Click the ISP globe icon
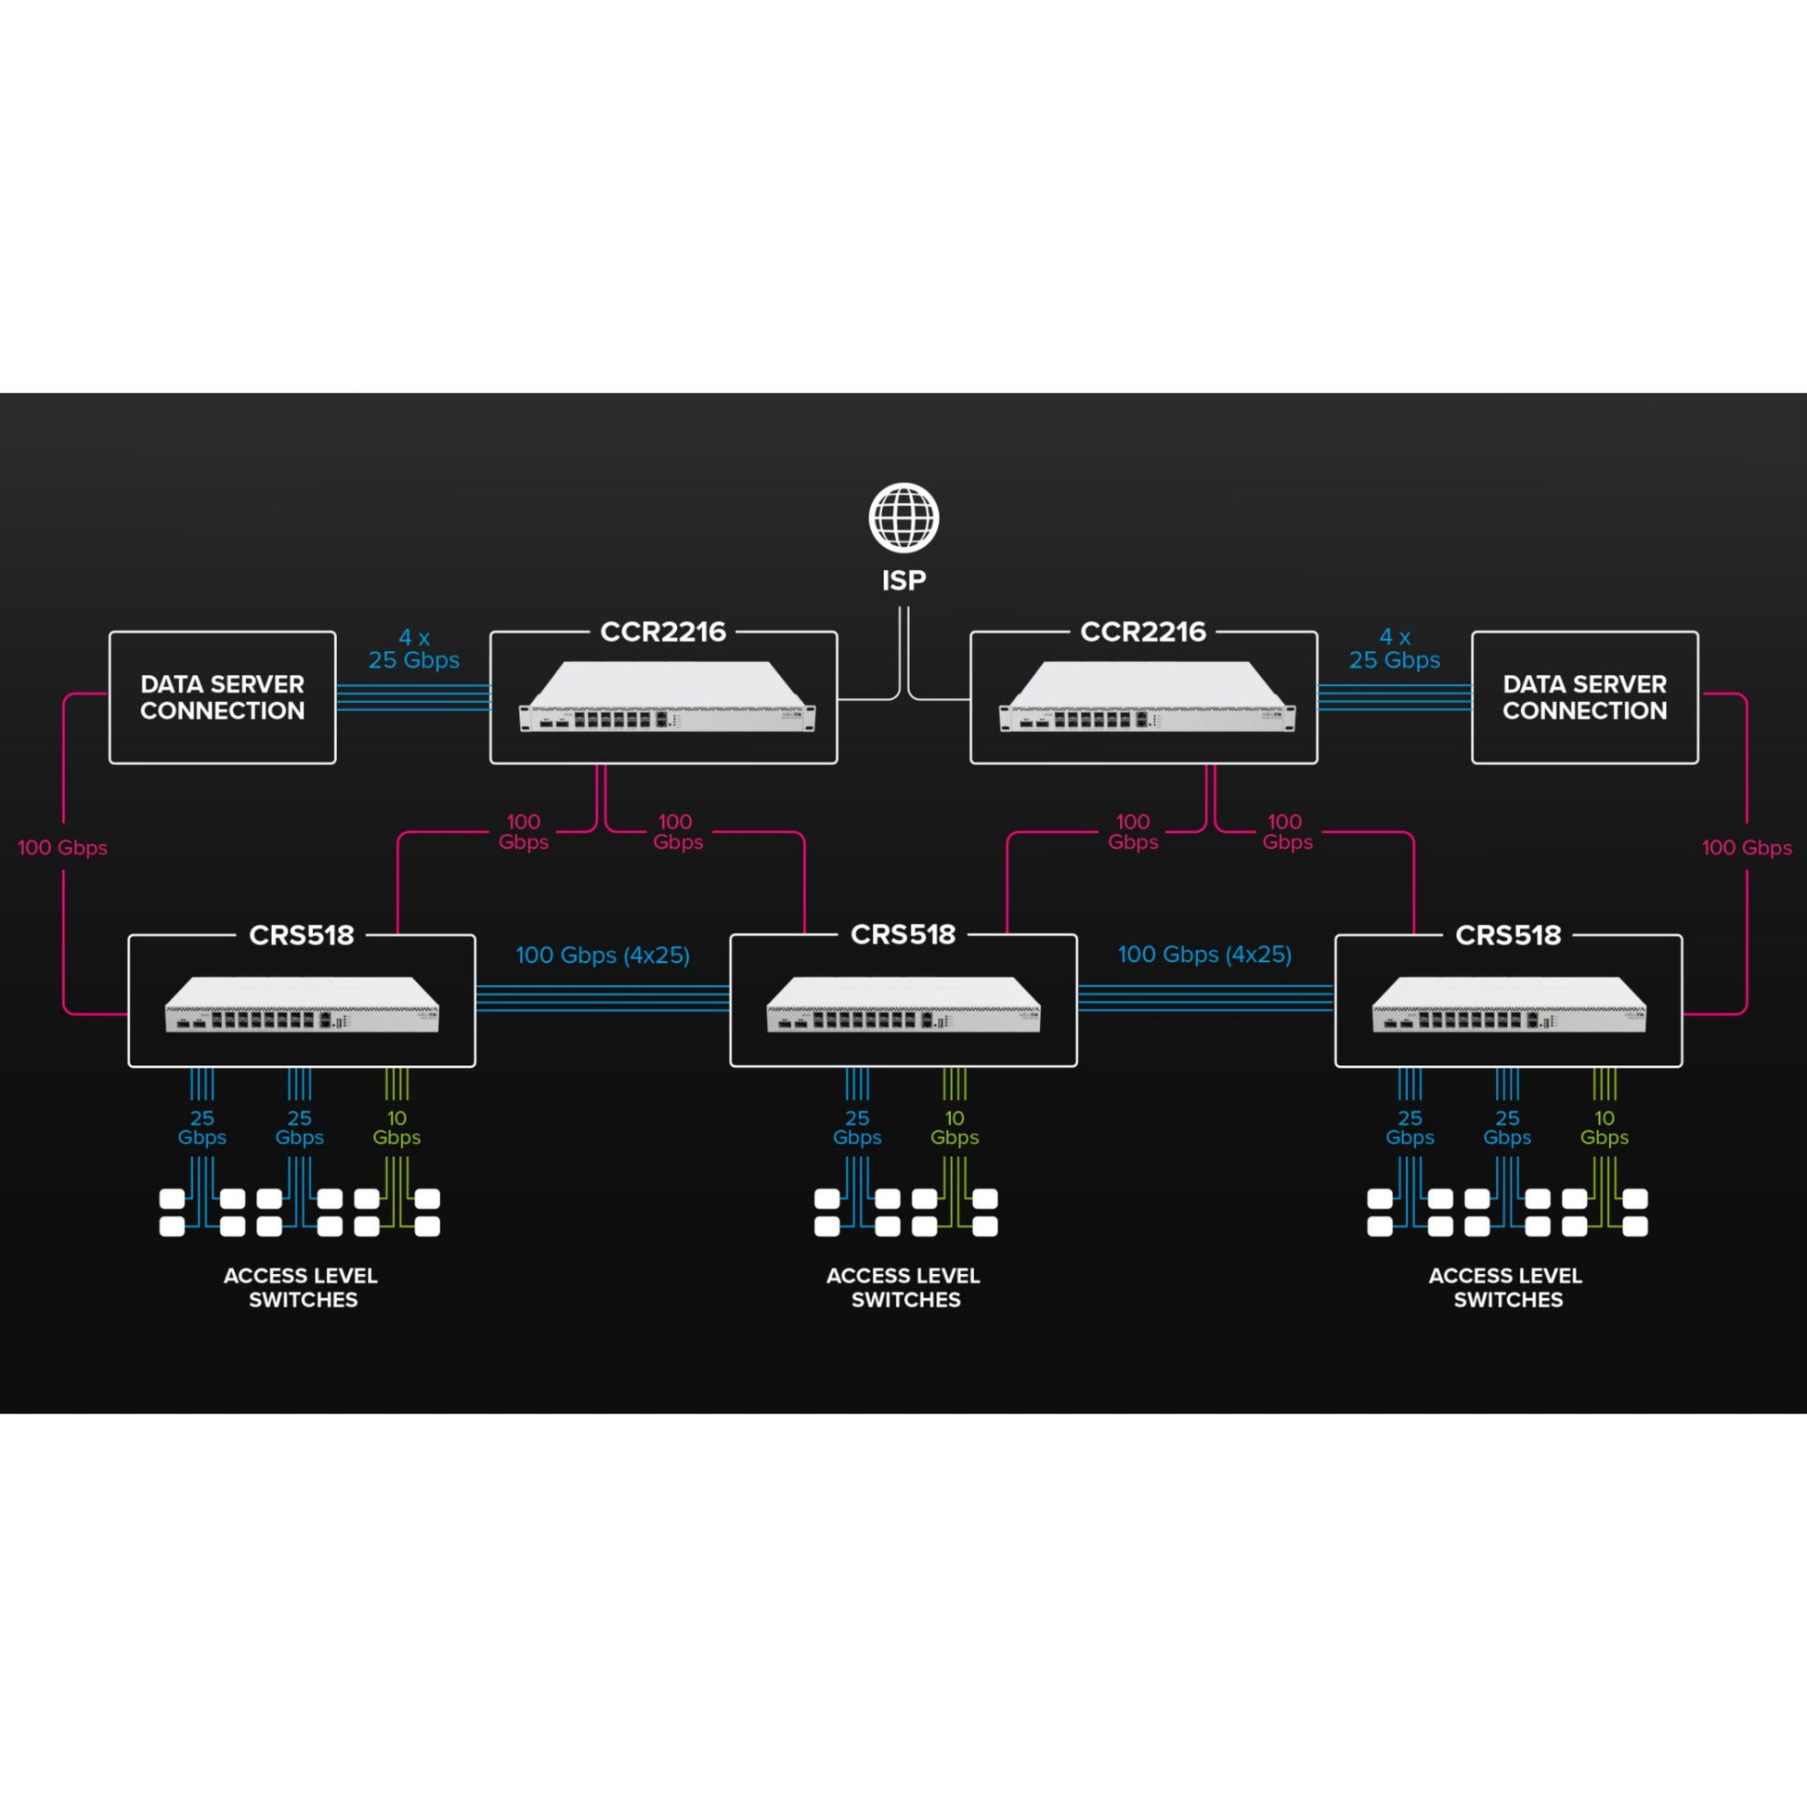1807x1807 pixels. pyautogui.click(x=903, y=517)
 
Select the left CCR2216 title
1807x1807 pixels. pyautogui.click(x=663, y=632)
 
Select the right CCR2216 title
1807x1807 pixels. pyautogui.click(x=1143, y=632)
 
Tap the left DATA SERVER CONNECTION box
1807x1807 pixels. pyautogui.click(x=223, y=697)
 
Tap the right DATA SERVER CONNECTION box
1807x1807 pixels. pyautogui.click(x=1584, y=697)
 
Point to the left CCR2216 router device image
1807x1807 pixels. pyautogui.click(x=667, y=695)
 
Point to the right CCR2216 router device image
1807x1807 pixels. pyautogui.click(x=1148, y=695)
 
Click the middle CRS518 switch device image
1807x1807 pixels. pyautogui.click(x=903, y=1005)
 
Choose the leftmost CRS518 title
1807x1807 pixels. pyautogui.click(x=301, y=935)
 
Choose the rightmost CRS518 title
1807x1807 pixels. pyautogui.click(x=1508, y=935)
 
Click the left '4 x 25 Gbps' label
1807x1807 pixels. pyautogui.click(x=413, y=649)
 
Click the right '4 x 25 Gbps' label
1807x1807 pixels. pyautogui.click(x=1395, y=649)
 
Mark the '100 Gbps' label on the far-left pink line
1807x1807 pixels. pyautogui.click(x=62, y=849)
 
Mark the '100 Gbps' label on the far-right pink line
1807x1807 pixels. pyautogui.click(x=1747, y=849)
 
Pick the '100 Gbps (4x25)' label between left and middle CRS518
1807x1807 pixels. pyautogui.click(x=603, y=955)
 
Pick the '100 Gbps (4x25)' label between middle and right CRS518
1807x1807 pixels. pyautogui.click(x=1204, y=955)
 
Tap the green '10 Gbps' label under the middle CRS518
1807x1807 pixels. pyautogui.click(x=954, y=1128)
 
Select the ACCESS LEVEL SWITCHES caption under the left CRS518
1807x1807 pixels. pyautogui.click(x=301, y=1288)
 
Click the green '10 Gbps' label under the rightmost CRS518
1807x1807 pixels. pyautogui.click(x=1604, y=1128)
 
